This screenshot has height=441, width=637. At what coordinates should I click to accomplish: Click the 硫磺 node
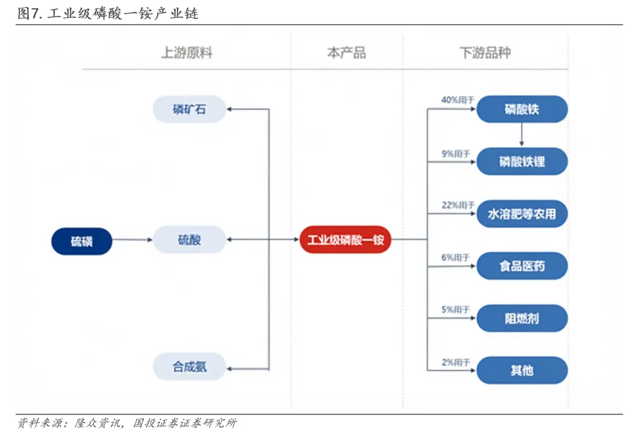coord(82,241)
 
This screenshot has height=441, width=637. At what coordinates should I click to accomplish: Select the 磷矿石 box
coord(189,109)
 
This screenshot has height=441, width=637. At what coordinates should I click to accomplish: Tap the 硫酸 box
coord(189,240)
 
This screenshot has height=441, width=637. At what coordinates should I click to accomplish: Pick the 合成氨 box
coord(189,367)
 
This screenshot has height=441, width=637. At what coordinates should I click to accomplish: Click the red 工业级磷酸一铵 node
coord(345,240)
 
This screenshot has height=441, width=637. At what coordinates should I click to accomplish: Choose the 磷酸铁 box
coord(522,109)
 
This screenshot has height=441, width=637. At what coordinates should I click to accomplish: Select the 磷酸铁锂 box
coord(522,161)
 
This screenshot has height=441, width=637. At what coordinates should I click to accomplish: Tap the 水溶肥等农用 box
coord(522,214)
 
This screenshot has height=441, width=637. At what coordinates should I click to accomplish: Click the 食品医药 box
coord(522,266)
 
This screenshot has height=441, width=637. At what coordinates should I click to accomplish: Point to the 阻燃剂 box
coord(522,319)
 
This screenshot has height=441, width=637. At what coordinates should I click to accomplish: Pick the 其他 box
coord(522,370)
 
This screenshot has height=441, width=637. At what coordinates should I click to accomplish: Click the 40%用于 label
coord(458,100)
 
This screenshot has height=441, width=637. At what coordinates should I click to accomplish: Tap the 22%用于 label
coord(458,205)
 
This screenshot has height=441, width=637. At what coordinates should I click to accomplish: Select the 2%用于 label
coord(455,362)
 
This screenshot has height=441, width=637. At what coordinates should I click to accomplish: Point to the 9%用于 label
coord(455,153)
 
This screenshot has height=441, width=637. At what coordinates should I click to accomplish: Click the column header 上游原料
coord(186,53)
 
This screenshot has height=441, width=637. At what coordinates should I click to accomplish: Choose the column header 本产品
coord(346,53)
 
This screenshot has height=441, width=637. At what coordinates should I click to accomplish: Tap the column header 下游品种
coord(485,53)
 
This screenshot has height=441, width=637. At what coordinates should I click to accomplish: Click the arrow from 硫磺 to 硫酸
coord(132,240)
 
